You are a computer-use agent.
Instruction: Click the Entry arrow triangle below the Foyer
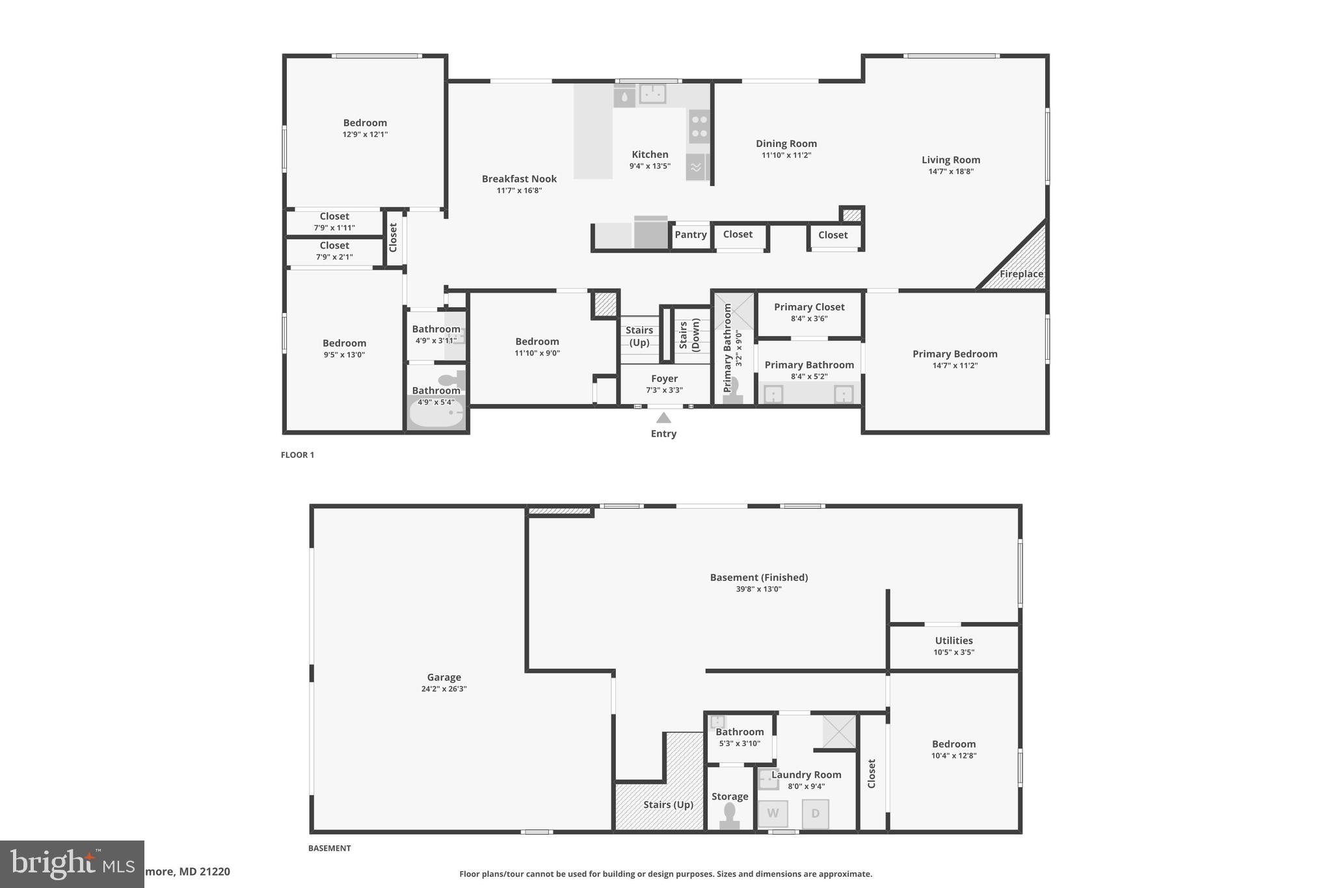[663, 418]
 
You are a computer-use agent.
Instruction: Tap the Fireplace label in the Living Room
[1021, 274]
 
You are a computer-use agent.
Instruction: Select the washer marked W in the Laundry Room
[773, 813]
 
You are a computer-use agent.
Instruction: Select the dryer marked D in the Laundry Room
[815, 814]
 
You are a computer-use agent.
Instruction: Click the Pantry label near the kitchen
[690, 235]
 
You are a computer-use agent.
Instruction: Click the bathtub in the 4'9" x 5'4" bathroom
[436, 414]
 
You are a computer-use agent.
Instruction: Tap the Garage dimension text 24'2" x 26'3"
[444, 689]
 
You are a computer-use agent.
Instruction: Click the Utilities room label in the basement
[953, 641]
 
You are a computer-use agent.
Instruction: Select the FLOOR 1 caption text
[297, 455]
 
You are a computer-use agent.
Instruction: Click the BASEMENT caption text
[329, 848]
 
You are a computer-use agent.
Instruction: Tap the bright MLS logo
[72, 863]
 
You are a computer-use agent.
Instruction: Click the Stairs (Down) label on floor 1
[689, 335]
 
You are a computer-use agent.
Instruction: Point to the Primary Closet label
[809, 307]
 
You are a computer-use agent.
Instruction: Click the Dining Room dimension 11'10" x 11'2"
[786, 155]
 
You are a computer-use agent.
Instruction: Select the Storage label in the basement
[729, 796]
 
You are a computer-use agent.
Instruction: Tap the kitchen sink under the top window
[652, 94]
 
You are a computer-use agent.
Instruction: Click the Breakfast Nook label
[519, 179]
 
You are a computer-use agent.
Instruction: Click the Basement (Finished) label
[758, 578]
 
